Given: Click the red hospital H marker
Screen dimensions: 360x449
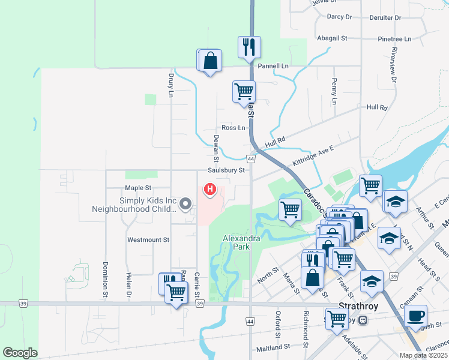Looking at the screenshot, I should [x=210, y=190].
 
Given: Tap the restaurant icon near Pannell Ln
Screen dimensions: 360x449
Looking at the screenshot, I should [x=249, y=47].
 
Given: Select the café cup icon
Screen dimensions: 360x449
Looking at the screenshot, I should [x=416, y=316].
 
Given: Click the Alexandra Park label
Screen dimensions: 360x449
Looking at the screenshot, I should [x=241, y=242].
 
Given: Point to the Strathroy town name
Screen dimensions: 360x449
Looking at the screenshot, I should [x=357, y=305].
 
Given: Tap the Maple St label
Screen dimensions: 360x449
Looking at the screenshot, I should [x=137, y=188].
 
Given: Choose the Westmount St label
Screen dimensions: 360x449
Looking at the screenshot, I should [x=148, y=239].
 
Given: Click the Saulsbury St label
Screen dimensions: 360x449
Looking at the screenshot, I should [x=227, y=170].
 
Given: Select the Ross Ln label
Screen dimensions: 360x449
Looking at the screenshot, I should [x=234, y=127].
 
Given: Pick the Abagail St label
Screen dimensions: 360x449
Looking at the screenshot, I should [x=333, y=38].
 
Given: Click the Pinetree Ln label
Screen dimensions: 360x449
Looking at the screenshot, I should [x=394, y=39].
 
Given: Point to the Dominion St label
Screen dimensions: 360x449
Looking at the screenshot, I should [x=104, y=280].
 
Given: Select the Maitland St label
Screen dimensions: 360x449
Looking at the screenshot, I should [x=273, y=347].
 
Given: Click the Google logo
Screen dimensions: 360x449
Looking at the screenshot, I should [x=20, y=353].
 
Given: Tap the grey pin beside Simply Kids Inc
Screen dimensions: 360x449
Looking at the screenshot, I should [x=185, y=205].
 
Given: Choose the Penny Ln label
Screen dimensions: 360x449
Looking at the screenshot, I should [x=334, y=90].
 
